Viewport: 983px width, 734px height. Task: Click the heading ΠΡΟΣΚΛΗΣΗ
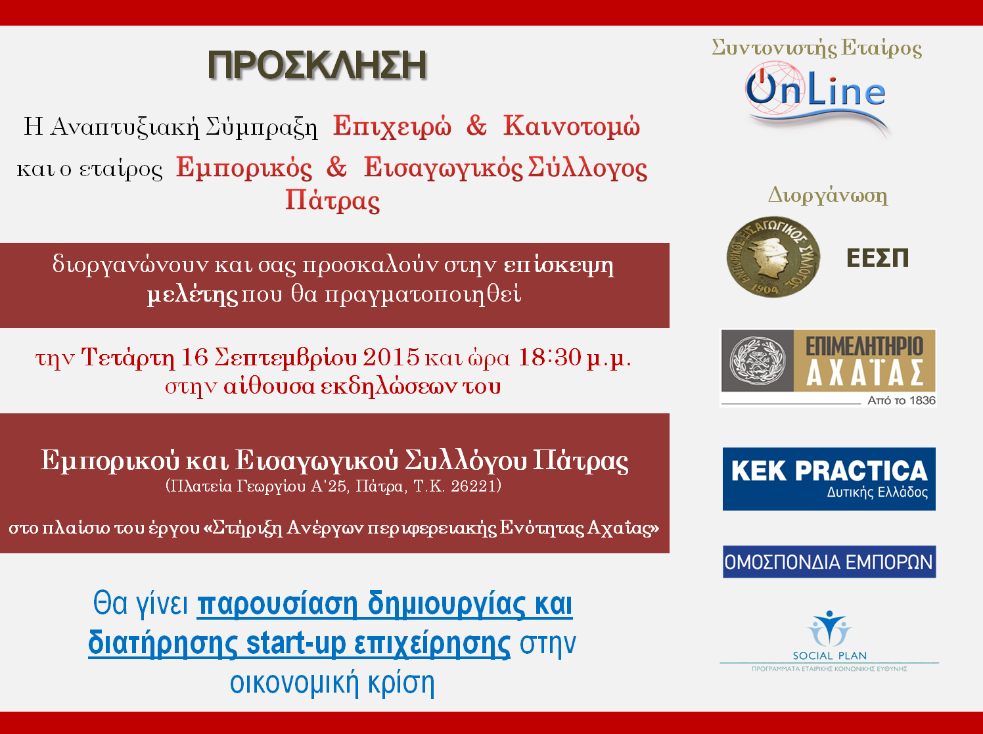[317, 66]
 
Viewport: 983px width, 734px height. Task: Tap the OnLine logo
[816, 99]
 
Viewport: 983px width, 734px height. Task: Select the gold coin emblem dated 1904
[773, 257]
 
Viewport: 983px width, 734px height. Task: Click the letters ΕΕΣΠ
[877, 258]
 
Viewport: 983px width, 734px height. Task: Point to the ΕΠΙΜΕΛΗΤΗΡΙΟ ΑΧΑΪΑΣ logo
[828, 368]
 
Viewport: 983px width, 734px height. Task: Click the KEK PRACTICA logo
[829, 479]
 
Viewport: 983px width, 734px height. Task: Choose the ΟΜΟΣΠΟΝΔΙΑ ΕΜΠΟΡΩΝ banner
[829, 562]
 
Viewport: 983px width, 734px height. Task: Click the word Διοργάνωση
[828, 196]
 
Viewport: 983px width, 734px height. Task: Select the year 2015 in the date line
[391, 357]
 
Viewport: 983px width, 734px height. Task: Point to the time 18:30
[549, 357]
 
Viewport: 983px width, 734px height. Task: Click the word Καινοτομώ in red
[572, 126]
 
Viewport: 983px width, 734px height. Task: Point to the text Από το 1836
[902, 400]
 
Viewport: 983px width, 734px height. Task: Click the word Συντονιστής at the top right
[774, 48]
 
